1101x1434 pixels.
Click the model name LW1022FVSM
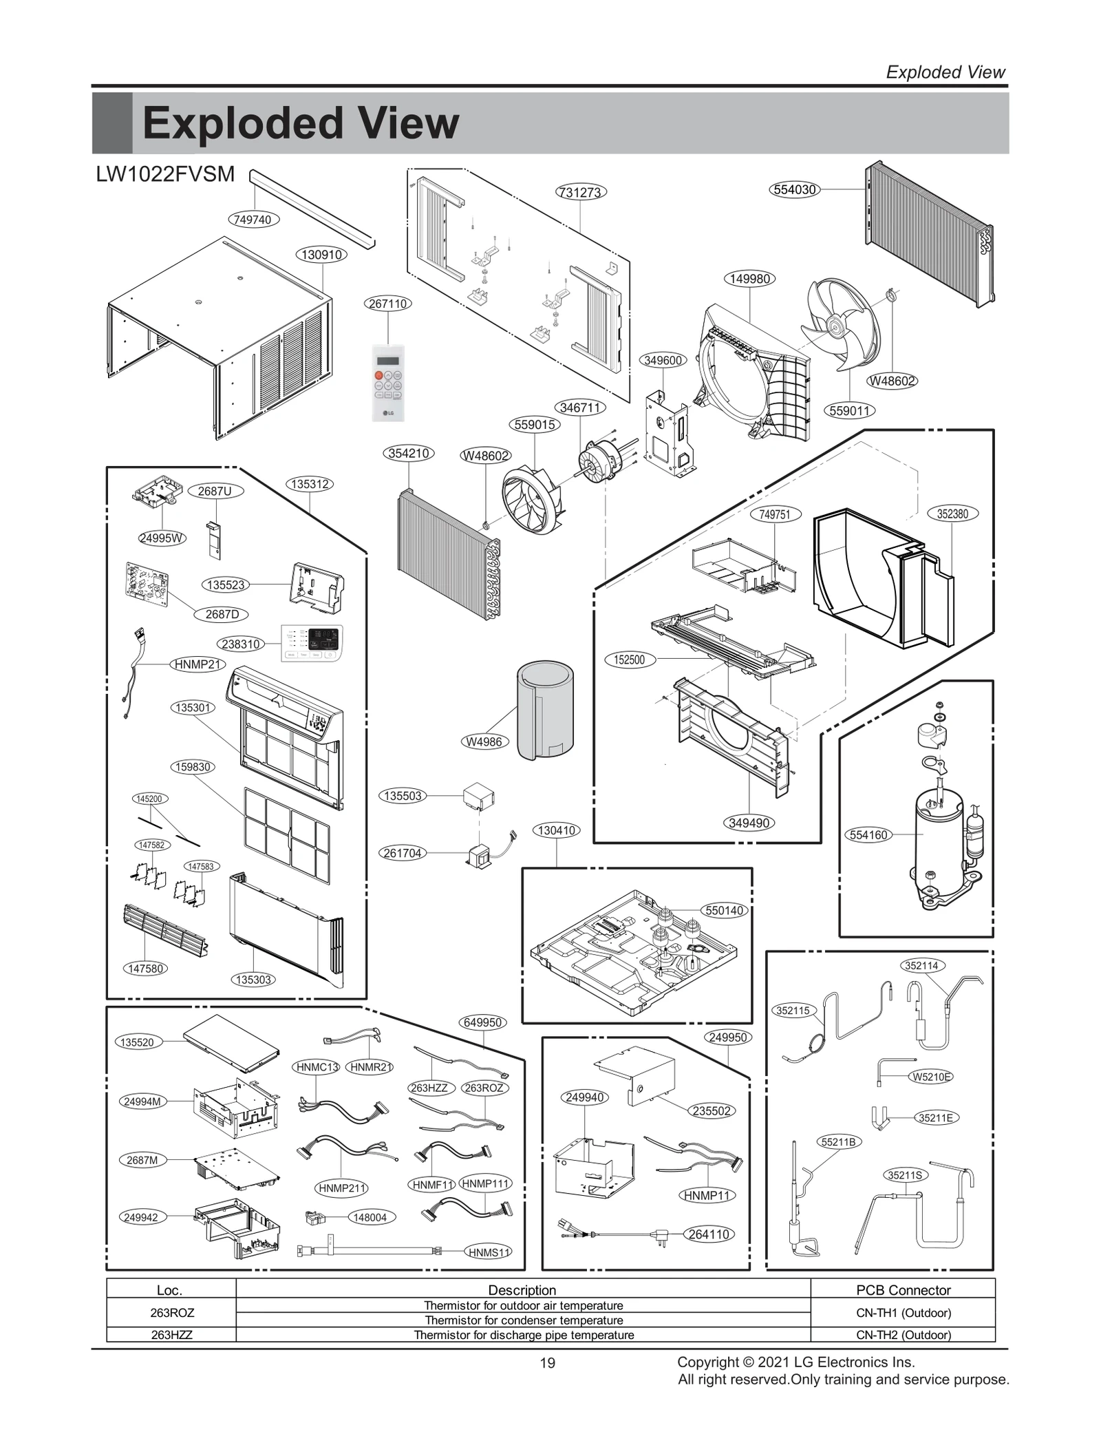tap(165, 174)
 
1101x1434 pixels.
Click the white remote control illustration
tap(387, 383)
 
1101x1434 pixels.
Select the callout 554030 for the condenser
tap(795, 189)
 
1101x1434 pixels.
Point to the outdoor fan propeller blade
tap(842, 327)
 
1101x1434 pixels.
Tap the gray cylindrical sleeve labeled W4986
tap(545, 710)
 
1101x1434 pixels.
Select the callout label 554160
tap(869, 835)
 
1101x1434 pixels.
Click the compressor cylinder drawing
tap(940, 840)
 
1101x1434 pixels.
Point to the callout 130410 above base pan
tap(556, 830)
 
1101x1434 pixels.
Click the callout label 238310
tap(240, 644)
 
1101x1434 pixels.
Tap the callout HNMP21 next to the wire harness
tap(197, 664)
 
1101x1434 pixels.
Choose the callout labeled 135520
tap(137, 1042)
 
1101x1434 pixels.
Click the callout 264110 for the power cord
tap(709, 1234)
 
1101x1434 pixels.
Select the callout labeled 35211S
tap(904, 1175)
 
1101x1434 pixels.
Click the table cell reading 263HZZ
tap(171, 1335)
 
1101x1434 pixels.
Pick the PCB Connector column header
tap(903, 1290)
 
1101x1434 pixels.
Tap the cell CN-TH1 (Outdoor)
tap(903, 1313)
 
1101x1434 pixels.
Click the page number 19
tap(547, 1363)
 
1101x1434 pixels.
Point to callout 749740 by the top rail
tap(253, 220)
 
